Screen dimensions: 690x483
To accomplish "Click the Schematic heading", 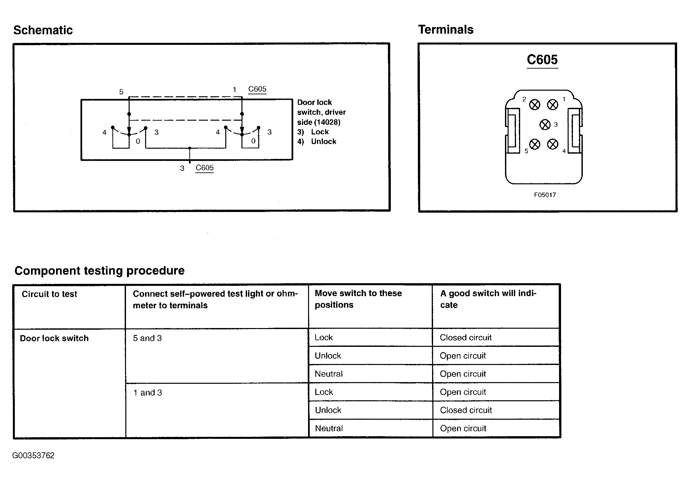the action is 43,30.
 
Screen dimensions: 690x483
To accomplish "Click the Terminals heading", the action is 446,29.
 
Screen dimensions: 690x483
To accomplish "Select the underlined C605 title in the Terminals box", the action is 542,60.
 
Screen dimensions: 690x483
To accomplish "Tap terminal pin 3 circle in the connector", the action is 545,125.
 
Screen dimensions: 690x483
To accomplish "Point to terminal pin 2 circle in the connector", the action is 535,105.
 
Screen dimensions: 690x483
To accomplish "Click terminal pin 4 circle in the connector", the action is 553,144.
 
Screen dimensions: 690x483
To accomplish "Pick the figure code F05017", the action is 545,195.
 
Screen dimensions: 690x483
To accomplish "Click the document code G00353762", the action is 33,455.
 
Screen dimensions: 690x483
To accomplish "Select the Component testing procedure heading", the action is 99,271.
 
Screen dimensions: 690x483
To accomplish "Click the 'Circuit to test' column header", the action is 49,294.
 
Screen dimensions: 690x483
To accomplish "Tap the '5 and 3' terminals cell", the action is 147,338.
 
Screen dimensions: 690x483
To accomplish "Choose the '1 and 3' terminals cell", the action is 147,393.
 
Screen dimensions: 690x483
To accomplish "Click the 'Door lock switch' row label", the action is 54,338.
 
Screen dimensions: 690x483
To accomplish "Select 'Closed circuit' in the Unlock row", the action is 466,410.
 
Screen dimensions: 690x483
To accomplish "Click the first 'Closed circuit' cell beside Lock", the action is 466,338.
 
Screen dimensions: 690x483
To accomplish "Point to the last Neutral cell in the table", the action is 329,428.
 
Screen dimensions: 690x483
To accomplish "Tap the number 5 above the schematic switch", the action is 121,92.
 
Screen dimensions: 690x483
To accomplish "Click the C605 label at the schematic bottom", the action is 204,168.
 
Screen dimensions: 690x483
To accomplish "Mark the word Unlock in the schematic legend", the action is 324,141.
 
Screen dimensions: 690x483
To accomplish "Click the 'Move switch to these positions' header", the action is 358,299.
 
